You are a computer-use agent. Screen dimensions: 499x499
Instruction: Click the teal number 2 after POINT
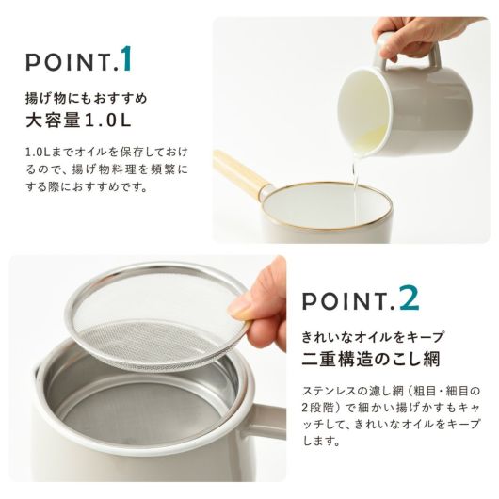pyautogui.click(x=410, y=298)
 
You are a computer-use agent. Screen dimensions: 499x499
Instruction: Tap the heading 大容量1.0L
pyautogui.click(x=78, y=121)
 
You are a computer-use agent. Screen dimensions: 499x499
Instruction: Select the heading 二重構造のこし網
pyautogui.click(x=371, y=360)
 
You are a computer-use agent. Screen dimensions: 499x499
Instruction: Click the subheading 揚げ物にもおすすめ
pyautogui.click(x=87, y=98)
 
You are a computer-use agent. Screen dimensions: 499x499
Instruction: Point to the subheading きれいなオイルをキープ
pyautogui.click(x=373, y=337)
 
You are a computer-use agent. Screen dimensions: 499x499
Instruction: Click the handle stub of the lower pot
pyautogui.click(x=270, y=419)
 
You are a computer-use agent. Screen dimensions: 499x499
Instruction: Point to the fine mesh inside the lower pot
pyautogui.click(x=140, y=413)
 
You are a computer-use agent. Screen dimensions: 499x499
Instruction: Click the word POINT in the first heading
pyautogui.click(x=68, y=62)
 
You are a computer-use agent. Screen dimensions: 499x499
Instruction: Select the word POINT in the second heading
pyautogui.click(x=345, y=300)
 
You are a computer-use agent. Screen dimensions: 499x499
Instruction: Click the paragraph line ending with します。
pyautogui.click(x=321, y=441)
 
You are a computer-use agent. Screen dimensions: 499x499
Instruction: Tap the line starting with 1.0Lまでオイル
pyautogui.click(x=106, y=152)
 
